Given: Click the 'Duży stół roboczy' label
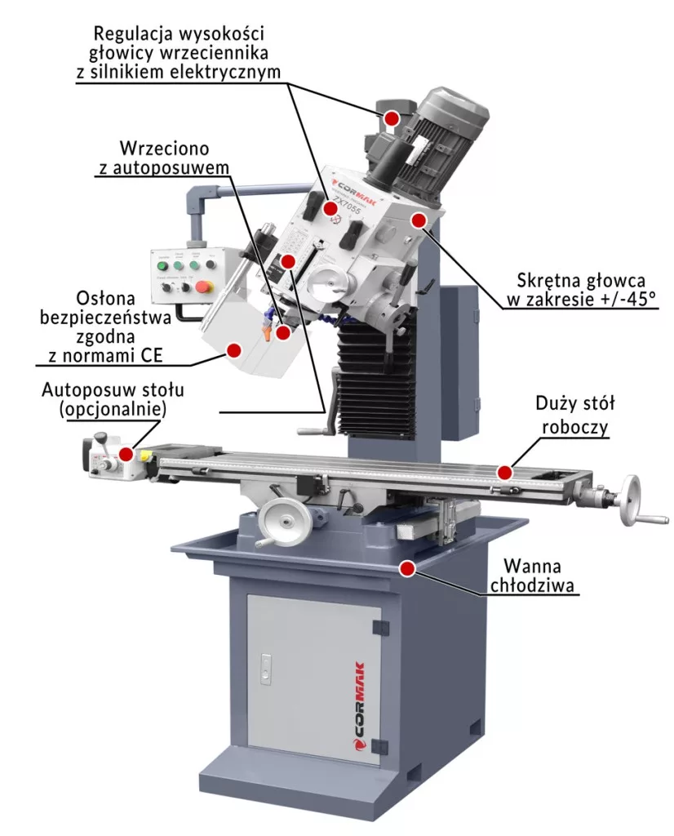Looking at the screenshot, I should [x=574, y=415].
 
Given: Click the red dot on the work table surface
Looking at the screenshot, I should [x=506, y=471].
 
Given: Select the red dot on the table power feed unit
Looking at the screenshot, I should [x=126, y=453].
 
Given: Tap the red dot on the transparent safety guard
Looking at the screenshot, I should [x=233, y=349].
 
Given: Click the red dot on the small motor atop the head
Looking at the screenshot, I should [x=392, y=118].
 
